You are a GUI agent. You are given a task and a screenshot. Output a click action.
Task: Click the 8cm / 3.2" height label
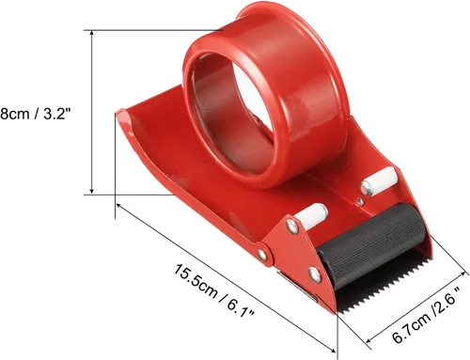coord(34,114)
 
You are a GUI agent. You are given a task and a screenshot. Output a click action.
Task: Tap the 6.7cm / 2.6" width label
coord(427,314)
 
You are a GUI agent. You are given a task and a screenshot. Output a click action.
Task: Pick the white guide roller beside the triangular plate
coord(312,215)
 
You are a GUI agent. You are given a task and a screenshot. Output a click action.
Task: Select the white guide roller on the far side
coord(380,181)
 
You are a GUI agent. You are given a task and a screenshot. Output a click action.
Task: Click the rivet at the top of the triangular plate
coord(292,227)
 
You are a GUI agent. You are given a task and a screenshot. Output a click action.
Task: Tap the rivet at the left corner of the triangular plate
coord(263,255)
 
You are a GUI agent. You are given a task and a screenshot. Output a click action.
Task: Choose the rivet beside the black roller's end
coord(315,274)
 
